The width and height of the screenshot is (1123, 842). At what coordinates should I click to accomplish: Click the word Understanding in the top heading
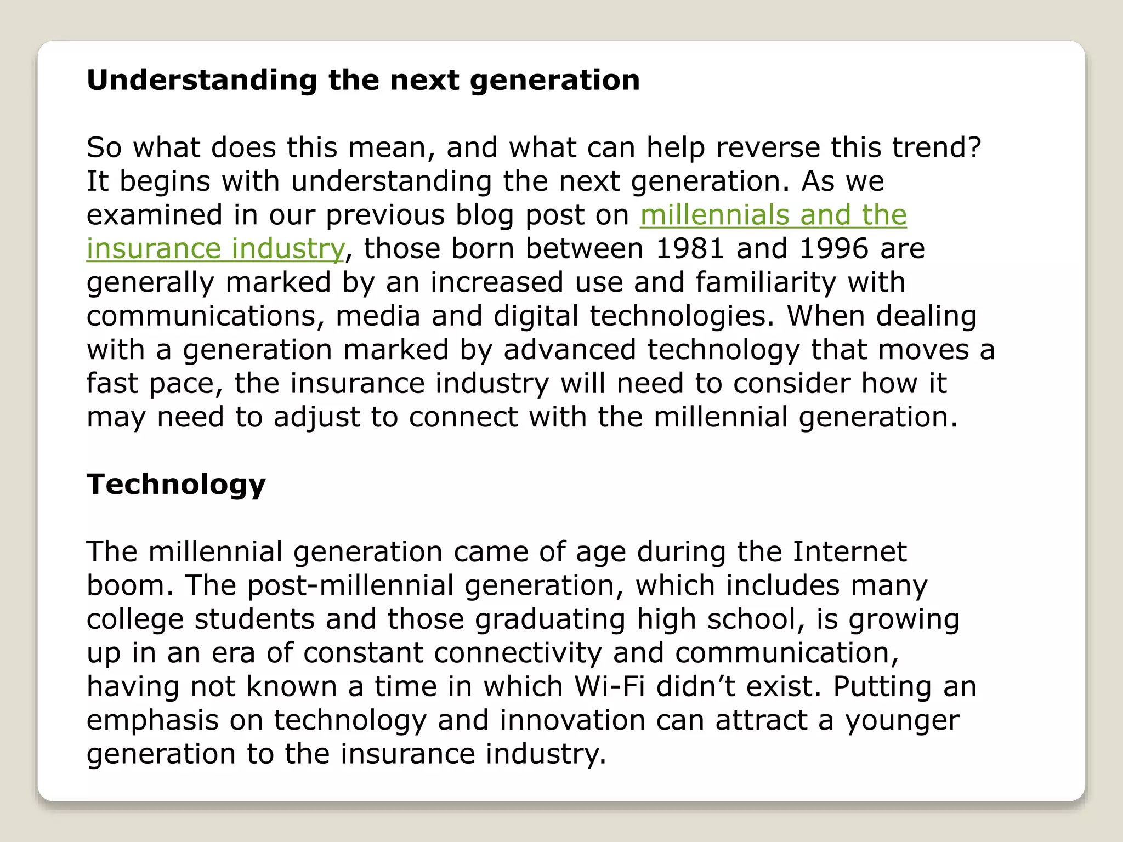[x=202, y=81]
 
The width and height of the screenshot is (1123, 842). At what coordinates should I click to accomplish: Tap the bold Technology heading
[x=176, y=485]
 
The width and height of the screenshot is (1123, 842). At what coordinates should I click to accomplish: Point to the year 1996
[x=834, y=248]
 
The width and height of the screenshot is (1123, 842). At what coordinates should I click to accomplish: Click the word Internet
[x=849, y=551]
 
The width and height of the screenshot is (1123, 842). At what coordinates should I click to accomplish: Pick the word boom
[x=129, y=585]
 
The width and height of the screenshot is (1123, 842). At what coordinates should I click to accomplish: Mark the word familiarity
[x=765, y=282]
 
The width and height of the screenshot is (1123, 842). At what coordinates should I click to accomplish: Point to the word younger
[x=902, y=720]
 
